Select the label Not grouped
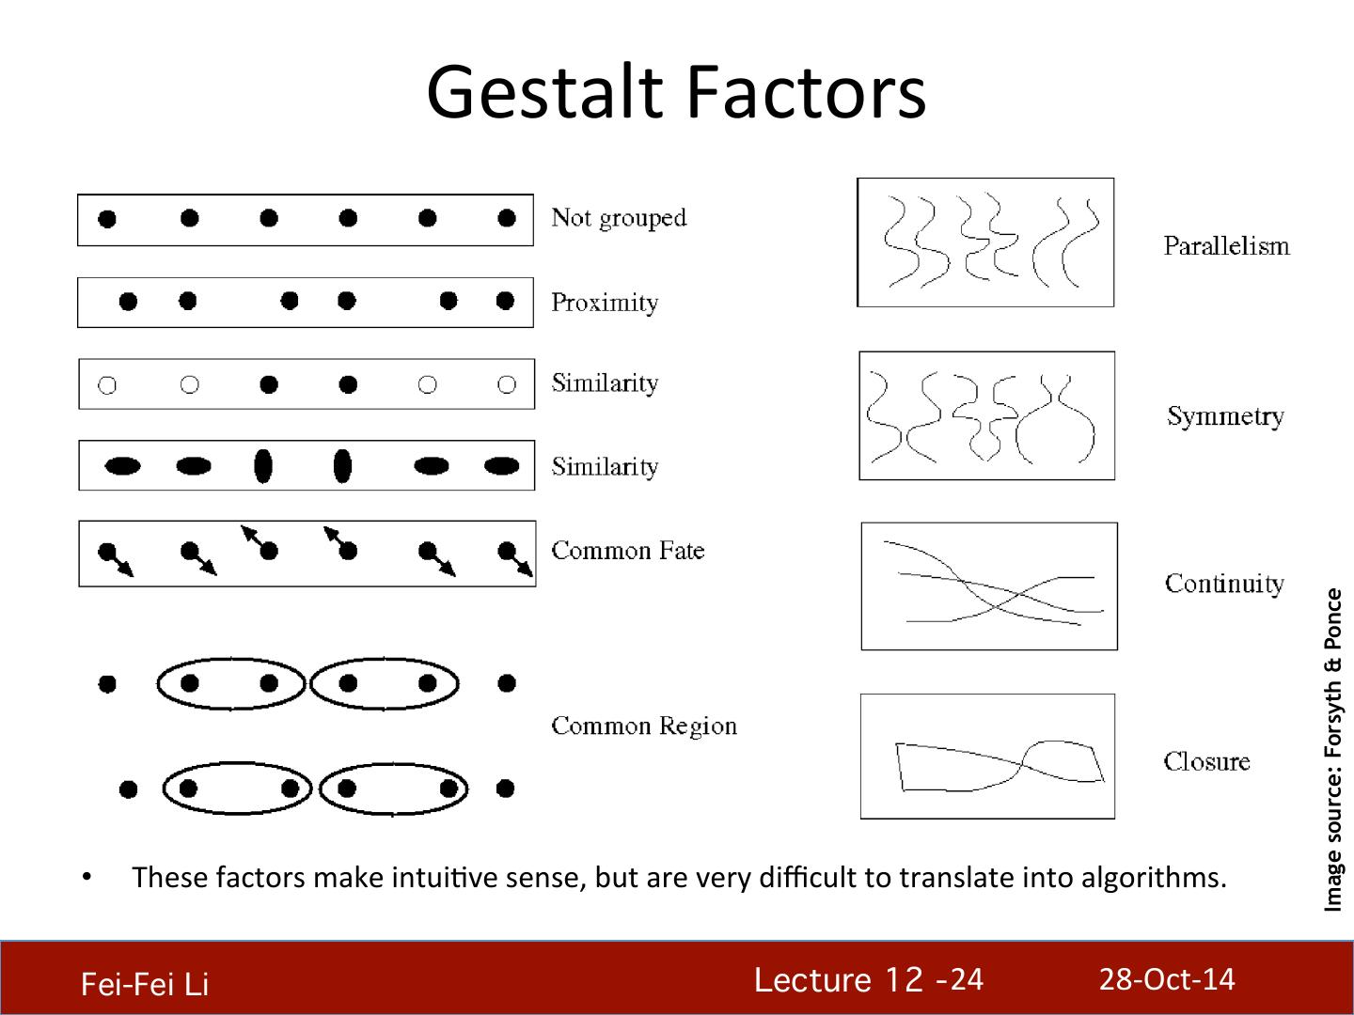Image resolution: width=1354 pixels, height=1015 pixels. click(619, 218)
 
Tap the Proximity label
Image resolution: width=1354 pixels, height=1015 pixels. click(605, 303)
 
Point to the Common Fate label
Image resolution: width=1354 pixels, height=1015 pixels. click(627, 551)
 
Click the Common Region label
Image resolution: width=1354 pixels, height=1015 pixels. click(644, 726)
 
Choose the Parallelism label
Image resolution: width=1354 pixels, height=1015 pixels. click(1226, 246)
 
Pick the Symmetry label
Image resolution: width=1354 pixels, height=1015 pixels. click(1225, 416)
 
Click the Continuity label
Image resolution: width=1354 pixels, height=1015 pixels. click(1224, 584)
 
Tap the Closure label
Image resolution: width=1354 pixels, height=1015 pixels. click(1206, 761)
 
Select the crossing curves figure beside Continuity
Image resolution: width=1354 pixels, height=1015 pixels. click(989, 586)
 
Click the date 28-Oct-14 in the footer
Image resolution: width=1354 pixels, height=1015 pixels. click(1167, 979)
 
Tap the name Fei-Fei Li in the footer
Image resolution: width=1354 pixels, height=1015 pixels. click(145, 984)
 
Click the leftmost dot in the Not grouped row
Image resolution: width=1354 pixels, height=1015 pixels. click(107, 219)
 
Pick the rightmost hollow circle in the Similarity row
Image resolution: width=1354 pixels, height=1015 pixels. click(507, 384)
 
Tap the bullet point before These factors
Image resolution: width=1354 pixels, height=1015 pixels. click(87, 877)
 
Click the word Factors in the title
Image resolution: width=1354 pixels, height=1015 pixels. click(805, 92)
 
